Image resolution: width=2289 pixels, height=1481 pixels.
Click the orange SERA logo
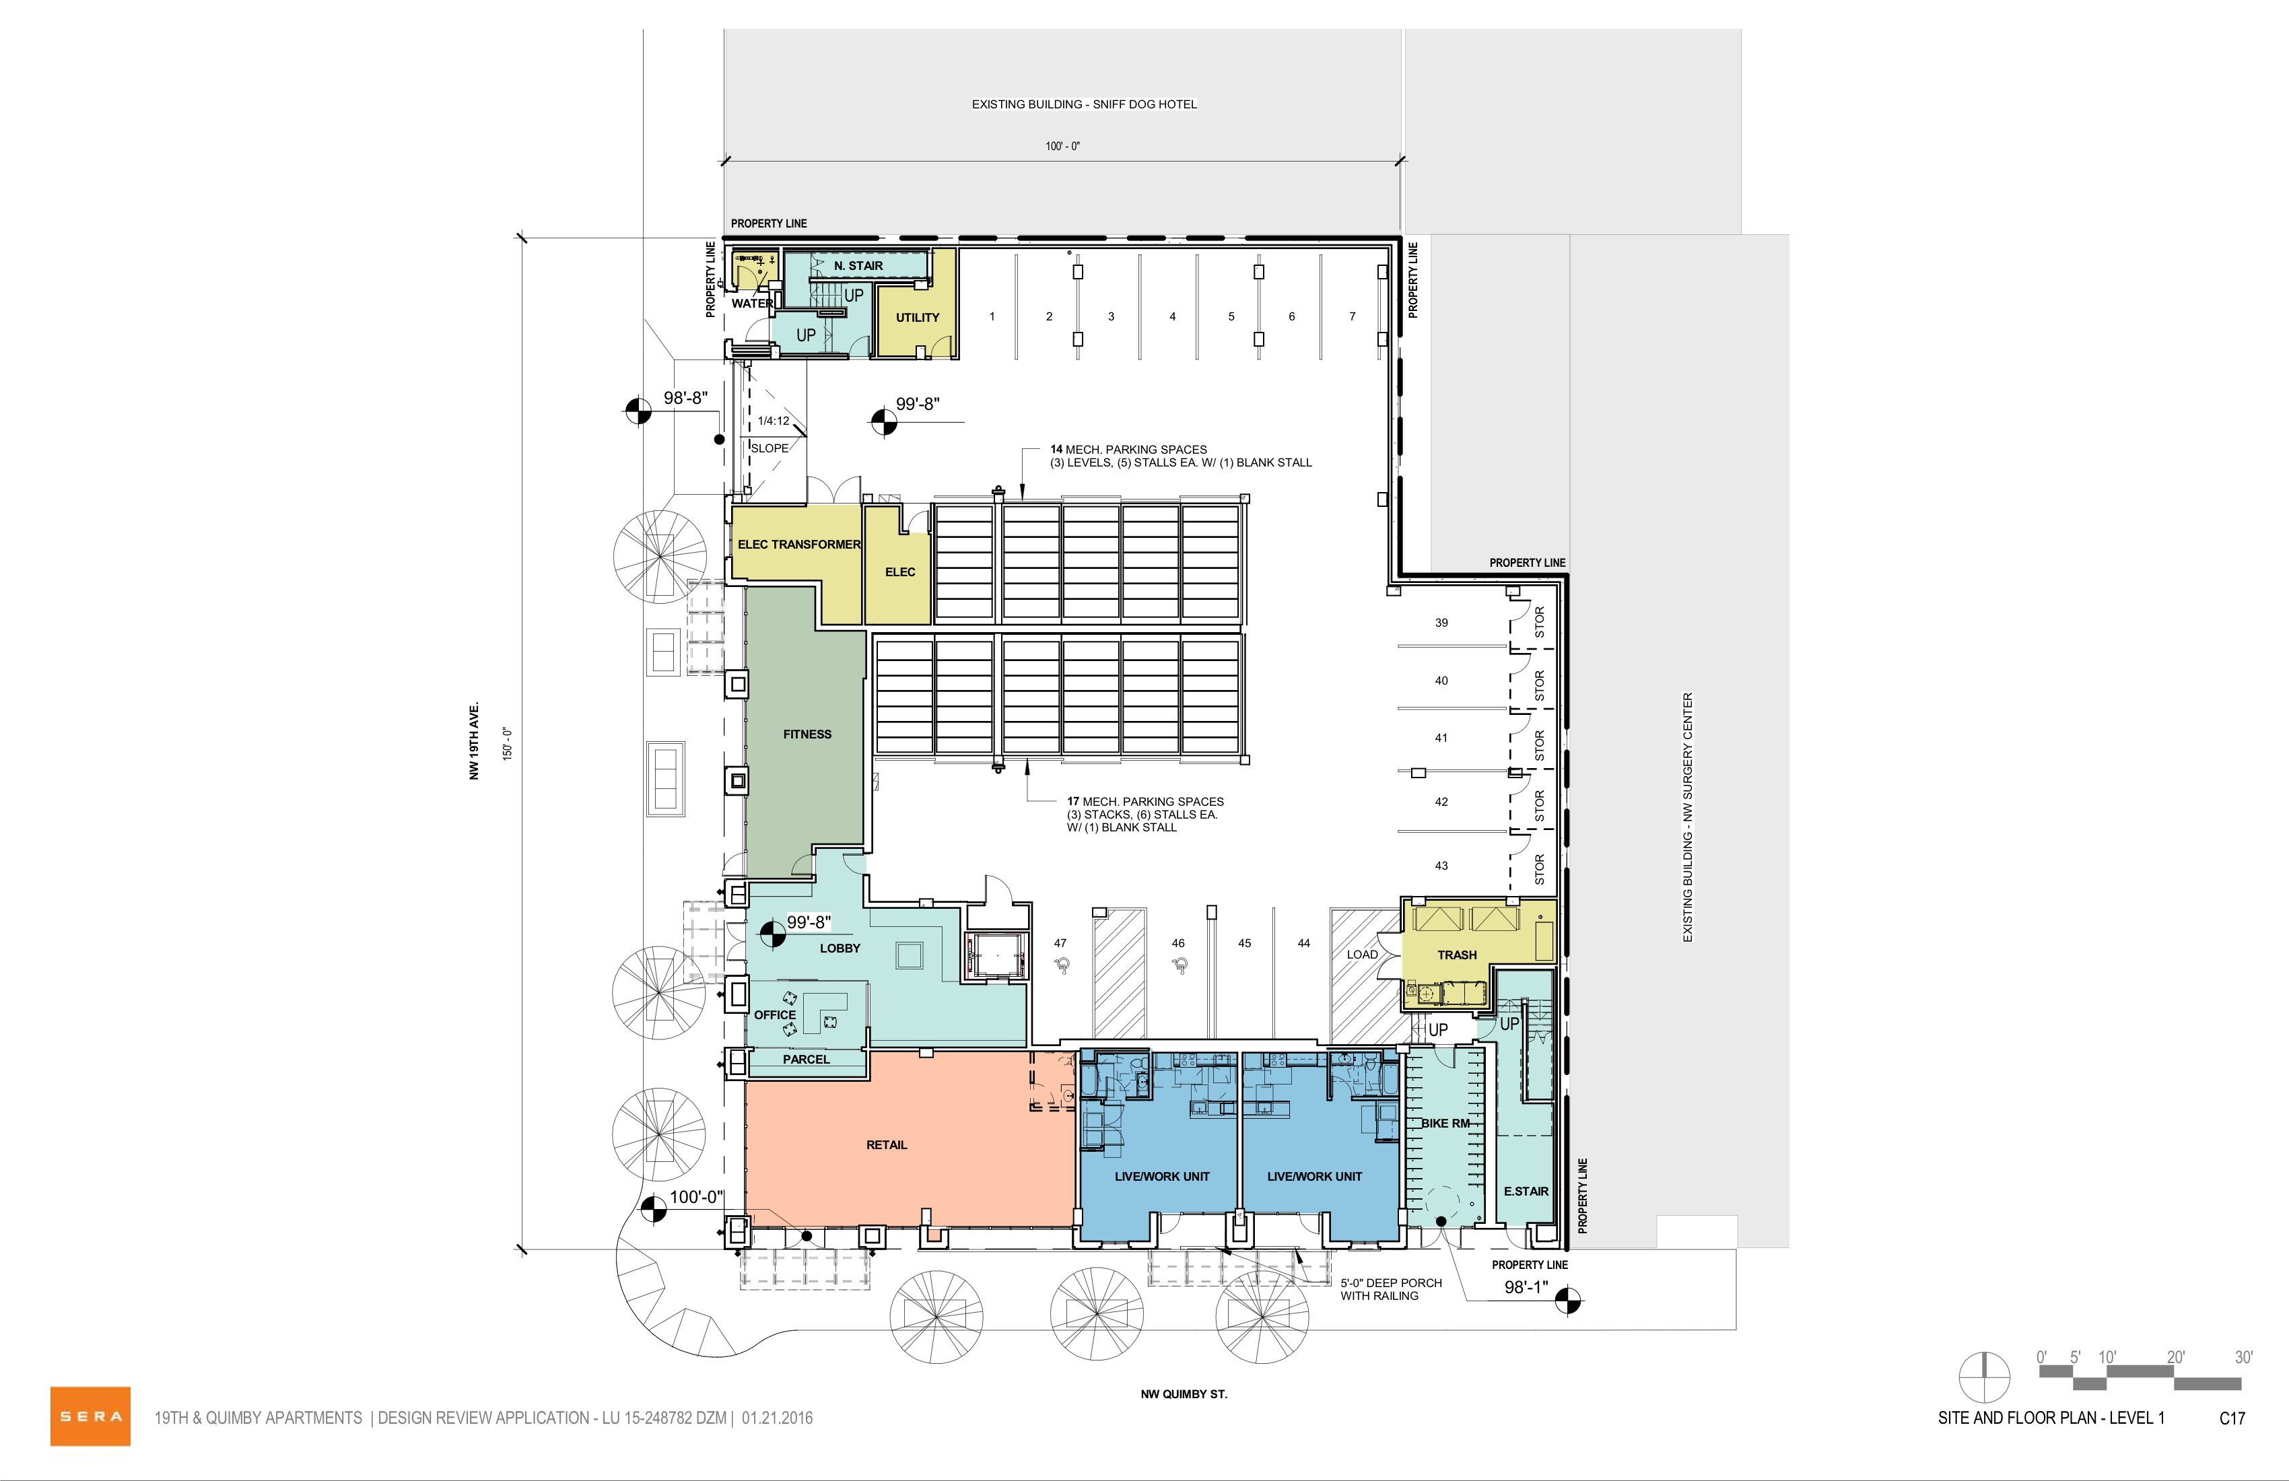pyautogui.click(x=90, y=1416)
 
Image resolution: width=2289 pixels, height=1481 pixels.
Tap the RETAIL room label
pyautogui.click(x=887, y=1144)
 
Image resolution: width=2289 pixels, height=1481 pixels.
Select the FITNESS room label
pyautogui.click(x=807, y=734)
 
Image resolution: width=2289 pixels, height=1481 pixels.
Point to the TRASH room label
pyautogui.click(x=1457, y=955)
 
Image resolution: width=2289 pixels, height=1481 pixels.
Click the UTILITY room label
pyautogui.click(x=918, y=317)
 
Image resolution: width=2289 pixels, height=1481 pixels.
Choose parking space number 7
pyautogui.click(x=1353, y=316)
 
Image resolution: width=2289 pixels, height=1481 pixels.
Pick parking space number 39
pyautogui.click(x=1441, y=622)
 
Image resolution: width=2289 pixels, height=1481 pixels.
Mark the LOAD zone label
pyautogui.click(x=1362, y=954)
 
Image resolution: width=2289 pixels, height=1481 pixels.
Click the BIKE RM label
pyautogui.click(x=1445, y=1124)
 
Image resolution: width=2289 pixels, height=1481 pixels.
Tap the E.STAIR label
pyautogui.click(x=1526, y=1191)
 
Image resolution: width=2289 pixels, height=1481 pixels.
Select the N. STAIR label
pyautogui.click(x=858, y=265)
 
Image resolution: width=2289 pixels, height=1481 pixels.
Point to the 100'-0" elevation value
pyautogui.click(x=696, y=1198)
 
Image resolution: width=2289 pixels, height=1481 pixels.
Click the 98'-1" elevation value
pyautogui.click(x=1526, y=1286)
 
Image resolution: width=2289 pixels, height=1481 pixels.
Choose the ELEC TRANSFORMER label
pyautogui.click(x=799, y=545)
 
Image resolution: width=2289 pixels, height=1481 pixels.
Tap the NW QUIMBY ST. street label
pyautogui.click(x=1184, y=1393)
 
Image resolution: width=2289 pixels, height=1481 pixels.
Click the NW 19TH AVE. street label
pyautogui.click(x=474, y=740)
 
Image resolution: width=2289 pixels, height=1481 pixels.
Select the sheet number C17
pyautogui.click(x=2232, y=1418)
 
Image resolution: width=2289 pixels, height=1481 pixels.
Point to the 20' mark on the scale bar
pyautogui.click(x=2175, y=1357)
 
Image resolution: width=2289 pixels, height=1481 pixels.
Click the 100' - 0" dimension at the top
pyautogui.click(x=1063, y=146)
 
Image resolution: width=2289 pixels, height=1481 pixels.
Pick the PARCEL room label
pyautogui.click(x=806, y=1059)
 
